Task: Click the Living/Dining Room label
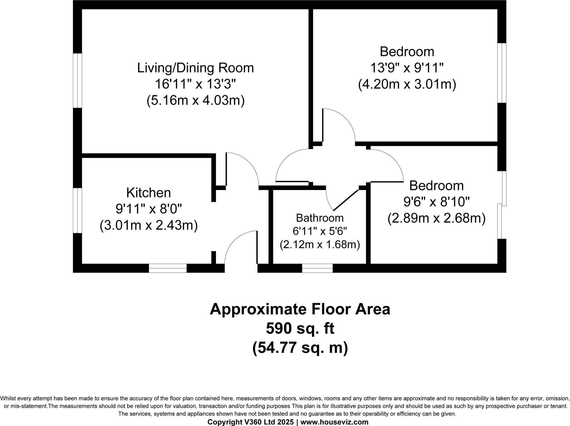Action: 195,68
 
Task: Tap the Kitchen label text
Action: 148,193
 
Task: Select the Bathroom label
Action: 320,218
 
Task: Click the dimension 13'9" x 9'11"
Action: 407,68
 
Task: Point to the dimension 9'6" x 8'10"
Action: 436,202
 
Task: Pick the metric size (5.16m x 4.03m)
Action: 195,100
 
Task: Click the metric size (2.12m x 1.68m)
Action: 320,245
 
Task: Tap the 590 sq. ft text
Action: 300,328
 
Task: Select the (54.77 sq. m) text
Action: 300,348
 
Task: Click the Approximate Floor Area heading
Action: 300,309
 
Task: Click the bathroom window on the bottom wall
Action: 317,268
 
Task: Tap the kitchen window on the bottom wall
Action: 168,268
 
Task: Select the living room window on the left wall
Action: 77,81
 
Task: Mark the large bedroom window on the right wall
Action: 502,73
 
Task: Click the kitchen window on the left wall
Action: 77,210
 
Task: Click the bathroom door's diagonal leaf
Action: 346,200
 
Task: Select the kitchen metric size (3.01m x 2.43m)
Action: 148,225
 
